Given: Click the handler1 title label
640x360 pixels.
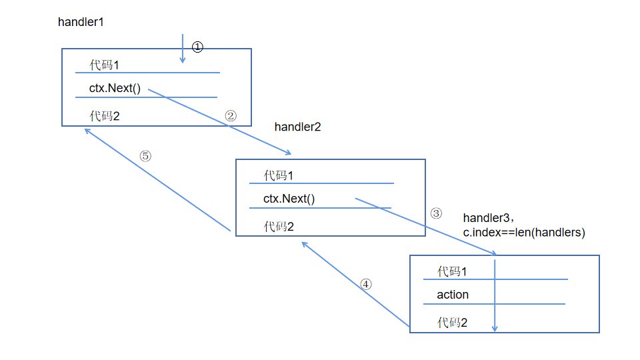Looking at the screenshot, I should pos(81,21).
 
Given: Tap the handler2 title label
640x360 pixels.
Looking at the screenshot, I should pos(297,127).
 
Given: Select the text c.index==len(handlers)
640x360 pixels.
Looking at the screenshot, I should pos(523,233).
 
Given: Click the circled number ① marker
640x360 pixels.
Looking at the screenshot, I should pos(197,47).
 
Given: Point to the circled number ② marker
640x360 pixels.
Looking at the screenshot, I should pos(231,115).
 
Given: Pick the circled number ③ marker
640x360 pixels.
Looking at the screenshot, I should pos(435,213).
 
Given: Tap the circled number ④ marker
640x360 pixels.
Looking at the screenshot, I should pos(365,283).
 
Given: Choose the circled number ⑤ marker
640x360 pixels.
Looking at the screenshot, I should pos(145,155).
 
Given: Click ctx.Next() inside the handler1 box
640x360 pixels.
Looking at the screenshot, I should pos(115,89).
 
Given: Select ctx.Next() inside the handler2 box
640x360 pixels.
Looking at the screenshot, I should pos(289,199).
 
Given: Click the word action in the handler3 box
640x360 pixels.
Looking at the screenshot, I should pos(453,295).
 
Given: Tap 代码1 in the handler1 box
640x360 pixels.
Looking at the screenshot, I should pos(105,65).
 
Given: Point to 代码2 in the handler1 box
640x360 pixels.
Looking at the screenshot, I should pos(105,116).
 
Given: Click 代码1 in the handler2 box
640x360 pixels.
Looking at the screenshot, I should pos(279,175).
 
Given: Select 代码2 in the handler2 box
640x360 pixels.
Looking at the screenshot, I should pos(279,227).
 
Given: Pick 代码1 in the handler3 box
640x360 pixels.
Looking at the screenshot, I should pos(452,271).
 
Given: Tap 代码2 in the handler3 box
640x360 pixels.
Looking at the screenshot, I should pos(452,323).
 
